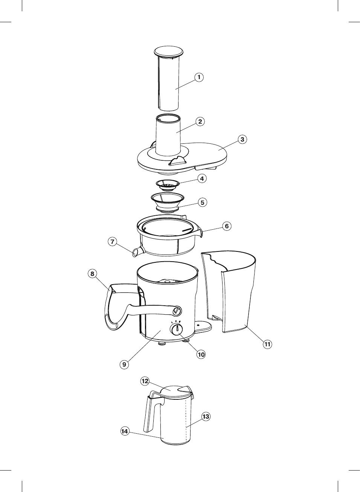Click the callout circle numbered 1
point(199,77)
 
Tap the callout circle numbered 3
point(242,139)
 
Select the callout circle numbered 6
point(226,226)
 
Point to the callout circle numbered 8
point(92,274)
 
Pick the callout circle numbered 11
point(267,344)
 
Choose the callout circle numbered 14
point(125,431)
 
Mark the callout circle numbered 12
point(145,381)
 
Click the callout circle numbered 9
point(124,364)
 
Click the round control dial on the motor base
point(176,330)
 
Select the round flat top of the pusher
point(169,52)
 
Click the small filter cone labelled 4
point(167,184)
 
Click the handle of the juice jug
point(151,414)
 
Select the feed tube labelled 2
point(168,136)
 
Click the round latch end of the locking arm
point(176,311)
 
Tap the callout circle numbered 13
point(206,417)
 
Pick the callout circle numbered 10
point(201,354)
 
